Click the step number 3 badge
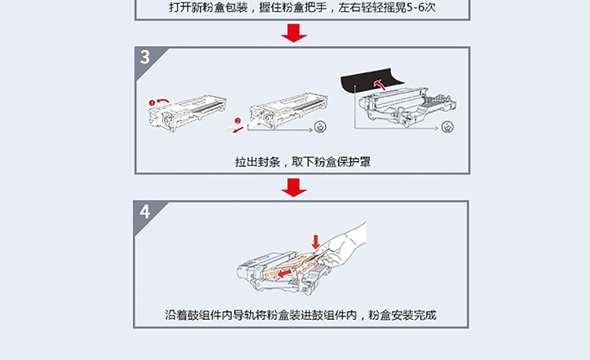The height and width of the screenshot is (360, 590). click(146, 57)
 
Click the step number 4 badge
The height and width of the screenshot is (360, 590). click(145, 211)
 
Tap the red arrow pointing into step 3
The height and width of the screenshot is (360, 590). click(294, 33)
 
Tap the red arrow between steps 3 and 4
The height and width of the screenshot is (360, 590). click(294, 188)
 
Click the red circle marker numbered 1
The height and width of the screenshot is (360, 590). click(152, 103)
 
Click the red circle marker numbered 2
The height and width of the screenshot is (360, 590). click(238, 120)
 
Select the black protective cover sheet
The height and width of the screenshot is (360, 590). click(371, 82)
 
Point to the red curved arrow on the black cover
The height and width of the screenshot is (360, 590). click(380, 84)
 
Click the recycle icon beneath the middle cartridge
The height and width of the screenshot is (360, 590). click(321, 127)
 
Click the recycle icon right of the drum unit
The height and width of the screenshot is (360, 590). click(448, 127)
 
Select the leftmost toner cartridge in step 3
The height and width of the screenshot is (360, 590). click(187, 112)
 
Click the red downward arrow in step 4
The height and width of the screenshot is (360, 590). click(315, 242)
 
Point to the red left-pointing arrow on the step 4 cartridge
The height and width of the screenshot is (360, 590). click(286, 272)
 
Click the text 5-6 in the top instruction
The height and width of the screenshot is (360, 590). click(416, 7)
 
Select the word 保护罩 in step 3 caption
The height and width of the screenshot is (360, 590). click(353, 162)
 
